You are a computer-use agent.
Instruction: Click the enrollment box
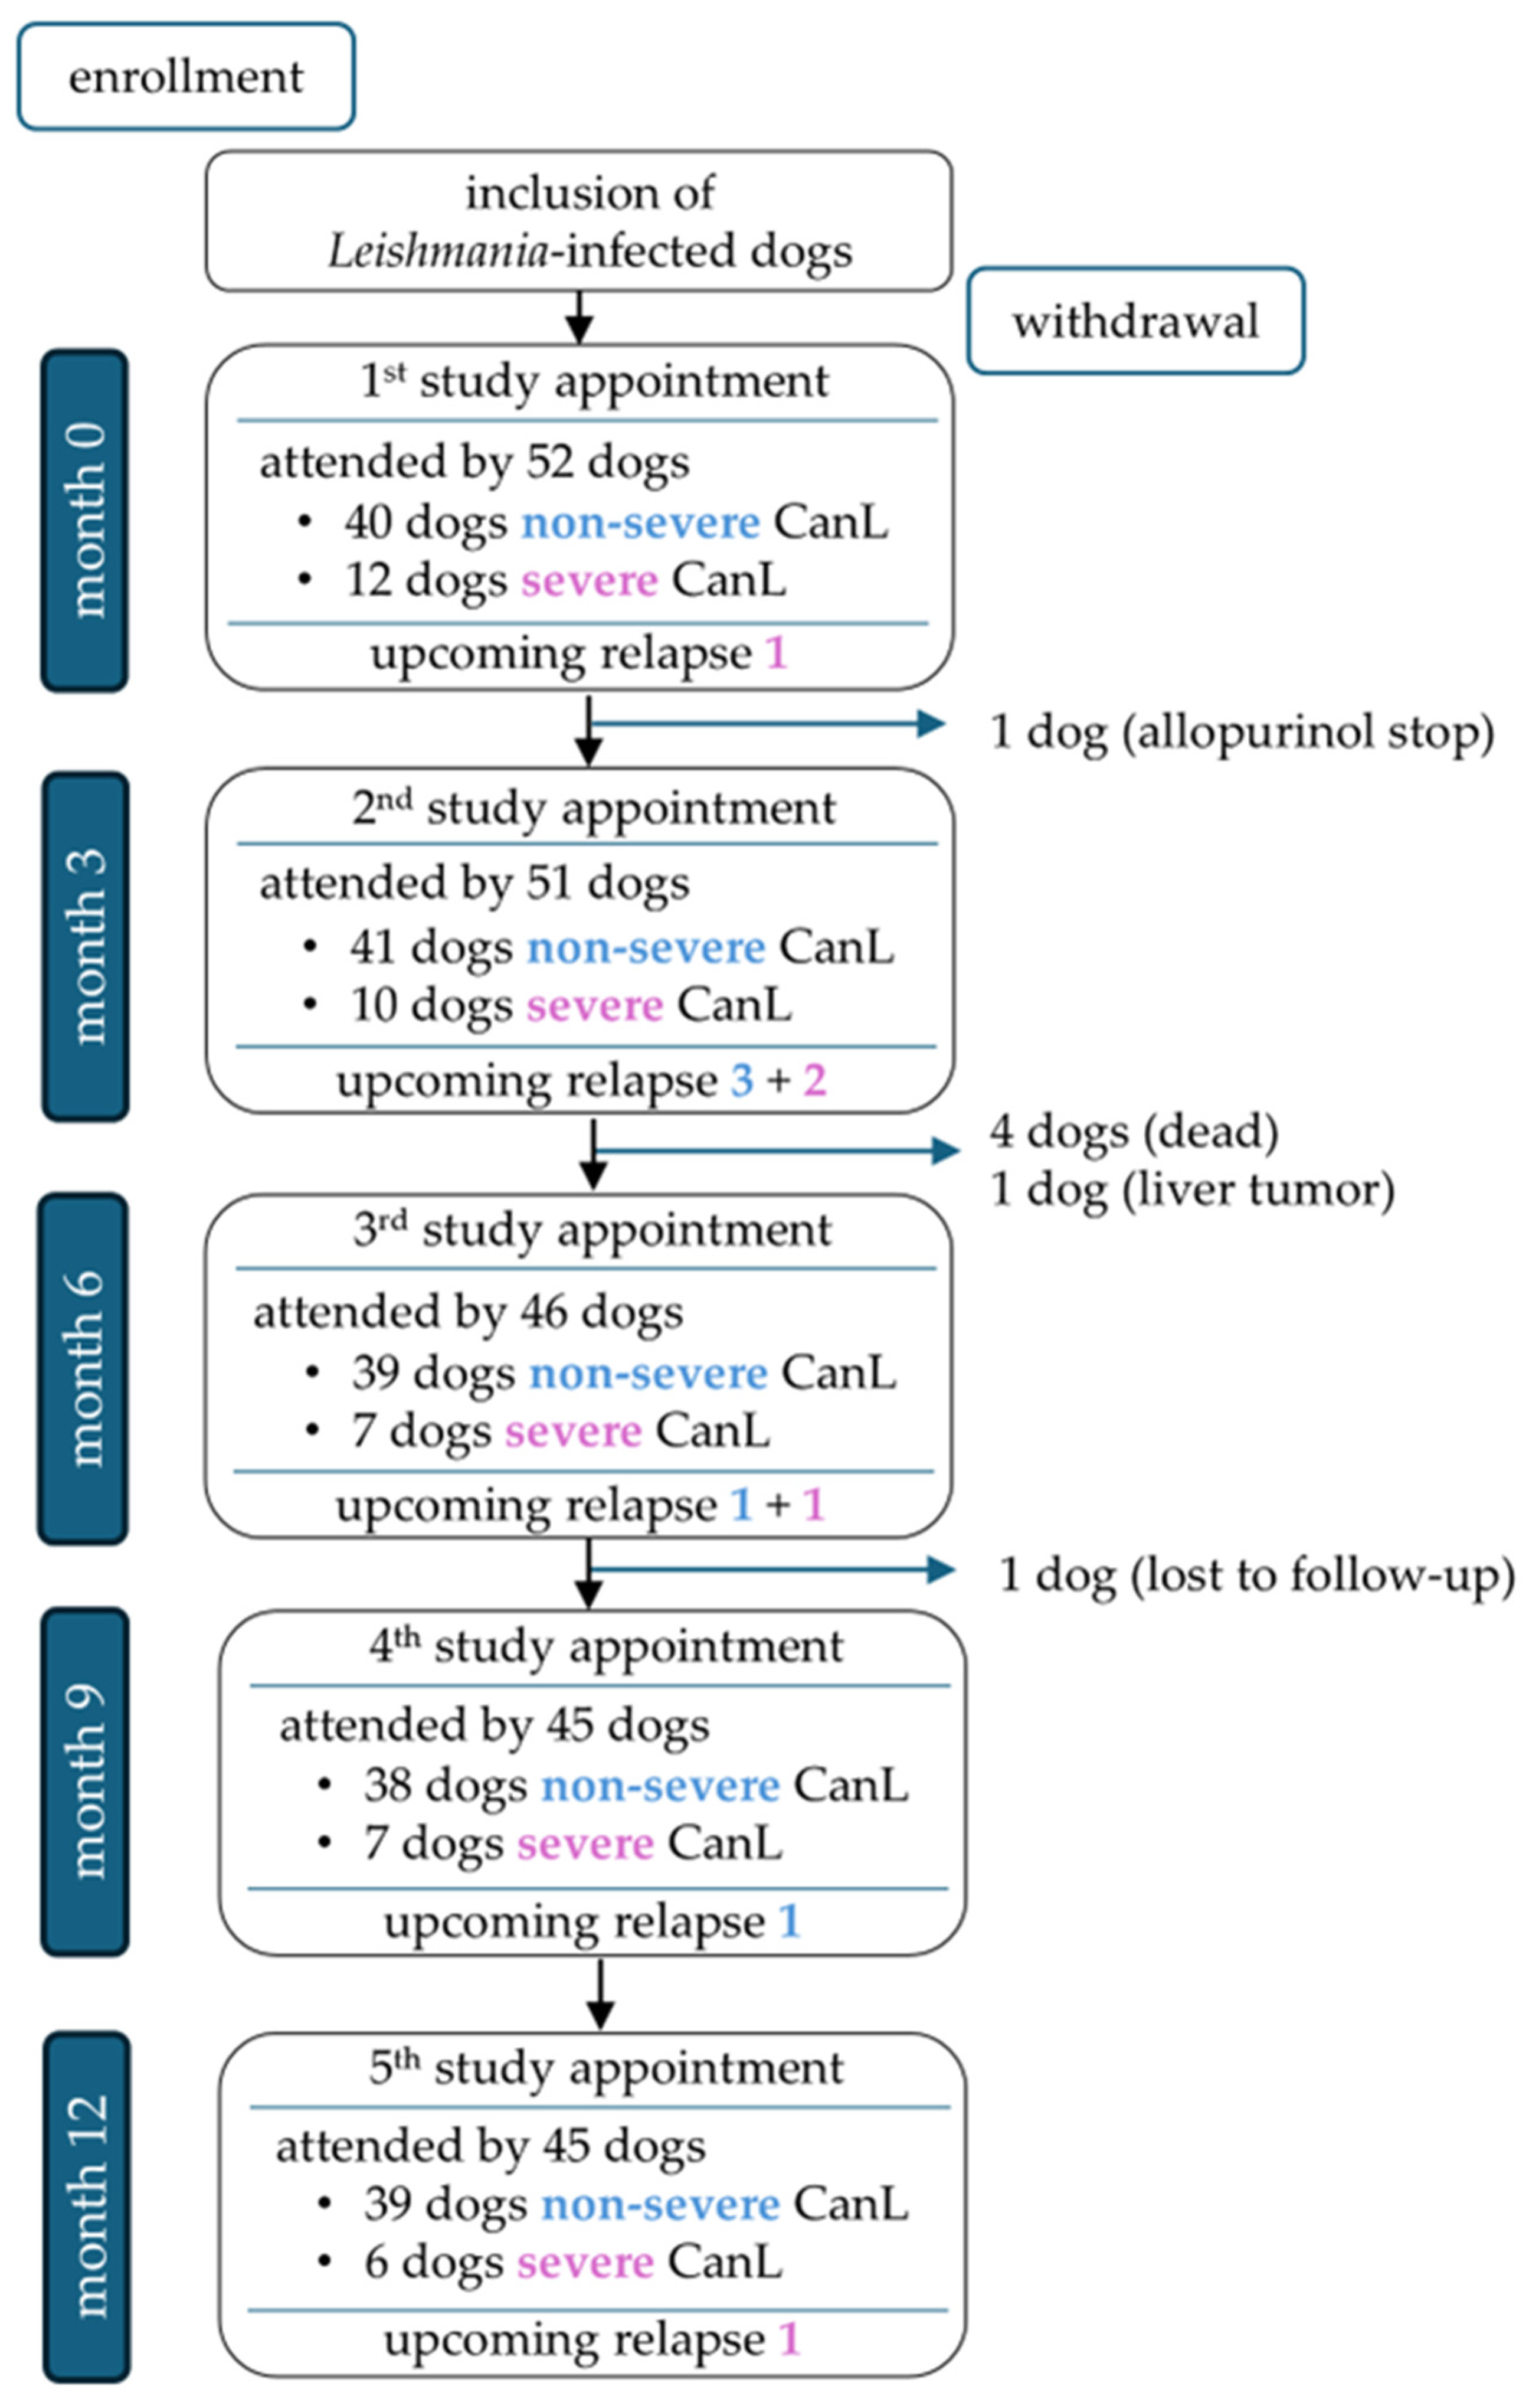click(x=186, y=77)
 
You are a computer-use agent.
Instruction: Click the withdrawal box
click(x=1135, y=321)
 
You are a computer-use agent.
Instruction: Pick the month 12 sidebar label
click(x=87, y=2206)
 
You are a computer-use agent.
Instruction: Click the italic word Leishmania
click(x=438, y=251)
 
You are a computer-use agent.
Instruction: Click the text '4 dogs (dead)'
click(x=1134, y=1131)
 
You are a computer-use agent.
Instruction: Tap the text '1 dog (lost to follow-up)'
click(x=1255, y=1575)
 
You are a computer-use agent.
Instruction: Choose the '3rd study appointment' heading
click(x=592, y=1230)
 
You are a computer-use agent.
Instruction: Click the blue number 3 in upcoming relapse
click(x=741, y=1081)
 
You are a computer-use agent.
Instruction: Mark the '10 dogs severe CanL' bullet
click(x=570, y=1005)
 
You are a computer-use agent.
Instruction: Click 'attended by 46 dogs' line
click(x=468, y=1312)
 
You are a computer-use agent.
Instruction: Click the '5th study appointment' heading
click(x=605, y=2069)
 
